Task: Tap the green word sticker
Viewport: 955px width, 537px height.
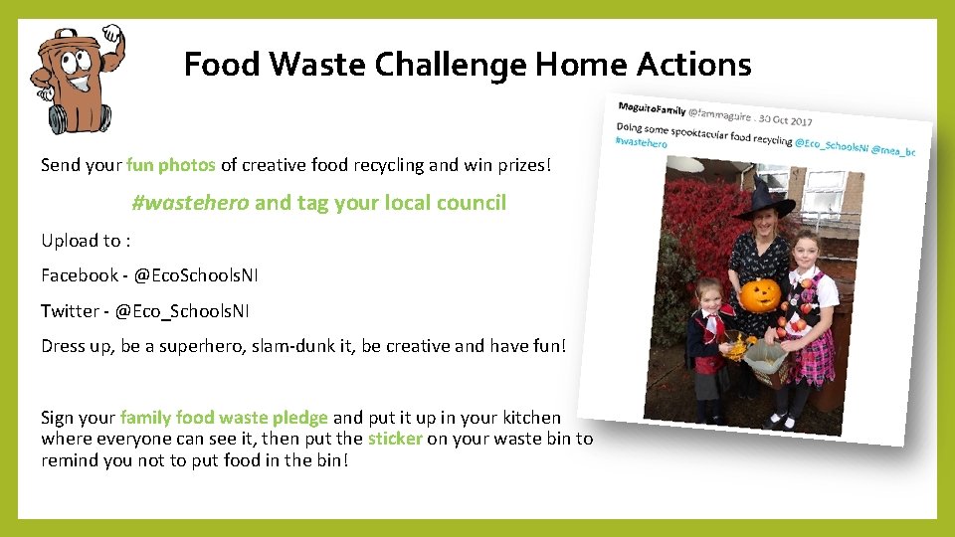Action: click(395, 439)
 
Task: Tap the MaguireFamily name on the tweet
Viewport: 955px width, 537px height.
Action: click(652, 107)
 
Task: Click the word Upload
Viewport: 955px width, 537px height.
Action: click(68, 240)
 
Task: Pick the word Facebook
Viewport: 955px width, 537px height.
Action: click(79, 274)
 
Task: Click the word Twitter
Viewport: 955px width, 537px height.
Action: click(70, 311)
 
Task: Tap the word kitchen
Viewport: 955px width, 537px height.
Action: click(530, 418)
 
